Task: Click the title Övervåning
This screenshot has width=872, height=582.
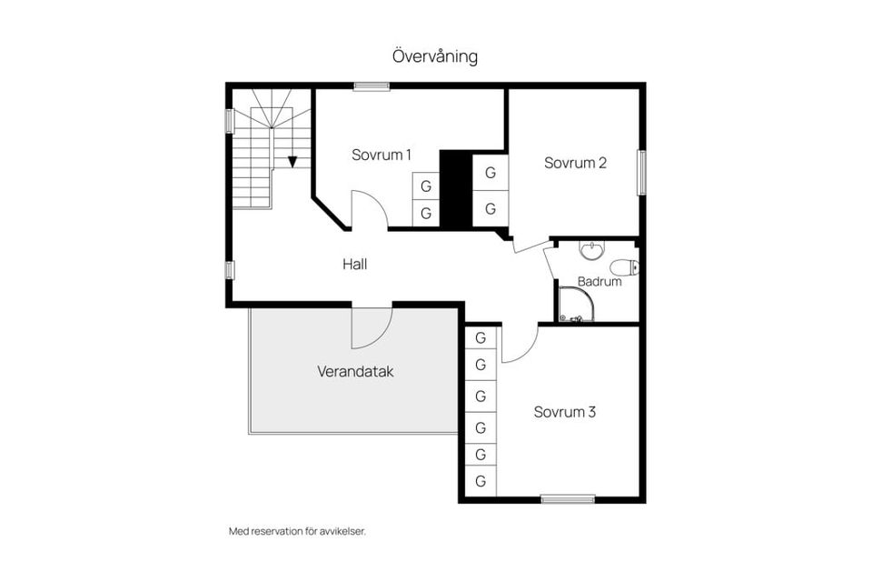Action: click(x=435, y=56)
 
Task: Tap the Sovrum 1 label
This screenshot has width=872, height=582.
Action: click(x=381, y=155)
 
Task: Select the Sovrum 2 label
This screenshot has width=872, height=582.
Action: click(x=575, y=163)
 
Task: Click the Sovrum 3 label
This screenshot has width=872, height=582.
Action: click(x=564, y=412)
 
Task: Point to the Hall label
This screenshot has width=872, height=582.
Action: click(x=354, y=265)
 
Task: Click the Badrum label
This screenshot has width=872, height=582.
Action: click(x=599, y=282)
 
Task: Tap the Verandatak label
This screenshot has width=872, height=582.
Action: click(x=355, y=372)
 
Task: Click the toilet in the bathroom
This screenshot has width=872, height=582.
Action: click(x=625, y=267)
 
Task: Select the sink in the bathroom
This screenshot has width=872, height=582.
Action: click(x=591, y=248)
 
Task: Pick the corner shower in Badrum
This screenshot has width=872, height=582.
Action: click(x=576, y=306)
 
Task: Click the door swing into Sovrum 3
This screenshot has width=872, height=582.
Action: click(x=520, y=344)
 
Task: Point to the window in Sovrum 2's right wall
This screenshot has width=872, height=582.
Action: click(x=641, y=172)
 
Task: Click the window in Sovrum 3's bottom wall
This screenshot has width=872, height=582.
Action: click(x=568, y=498)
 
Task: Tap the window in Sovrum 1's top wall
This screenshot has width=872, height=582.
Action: click(x=372, y=86)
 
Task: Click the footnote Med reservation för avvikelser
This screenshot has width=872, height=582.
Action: click(x=296, y=531)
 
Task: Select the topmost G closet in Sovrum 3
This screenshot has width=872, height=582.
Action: click(x=481, y=337)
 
